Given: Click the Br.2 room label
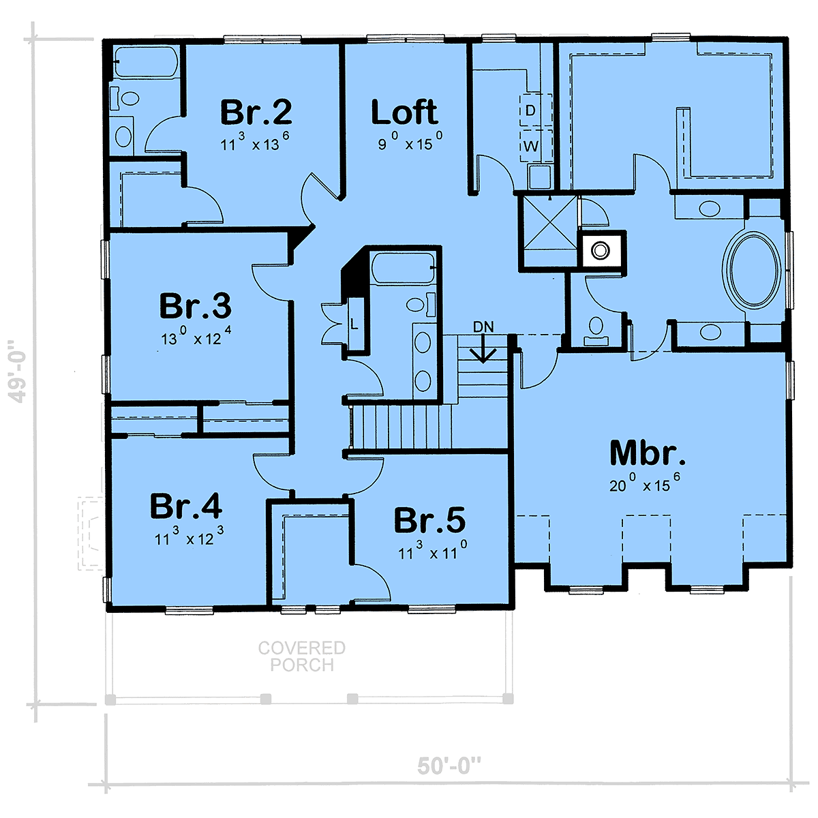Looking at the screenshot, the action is (256, 112).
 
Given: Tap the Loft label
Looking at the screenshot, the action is (404, 112).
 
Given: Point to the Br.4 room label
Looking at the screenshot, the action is (186, 506).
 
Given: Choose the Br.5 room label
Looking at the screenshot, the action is (429, 520).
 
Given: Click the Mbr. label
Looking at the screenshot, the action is (648, 453).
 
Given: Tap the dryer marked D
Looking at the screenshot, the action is (536, 110).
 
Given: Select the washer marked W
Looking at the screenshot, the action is (536, 146).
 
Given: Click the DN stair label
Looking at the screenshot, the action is (483, 327).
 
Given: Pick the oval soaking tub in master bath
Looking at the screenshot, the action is (754, 271).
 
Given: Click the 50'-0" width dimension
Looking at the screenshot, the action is (449, 766).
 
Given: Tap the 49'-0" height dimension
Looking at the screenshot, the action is (18, 372).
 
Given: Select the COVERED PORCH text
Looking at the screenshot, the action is (302, 656).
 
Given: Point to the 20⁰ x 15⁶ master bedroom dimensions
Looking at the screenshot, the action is (645, 484).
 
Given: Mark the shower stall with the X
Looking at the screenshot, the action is (550, 231).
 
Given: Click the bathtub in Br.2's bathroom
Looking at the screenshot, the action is (147, 62).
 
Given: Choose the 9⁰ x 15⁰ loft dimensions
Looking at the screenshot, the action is (410, 141).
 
